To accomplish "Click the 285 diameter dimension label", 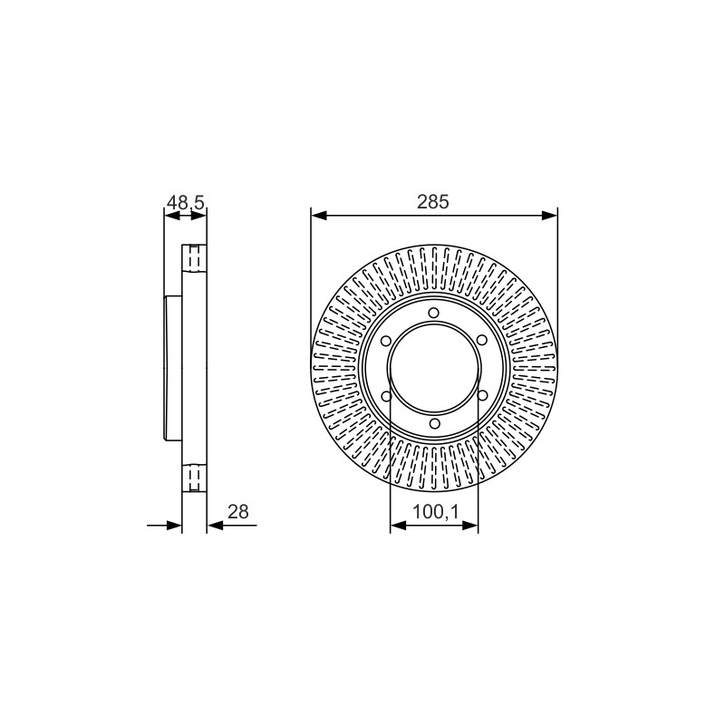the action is pos(433,202).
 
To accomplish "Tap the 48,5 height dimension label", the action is pos(186,202).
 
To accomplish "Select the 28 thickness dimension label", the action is pos(238,511).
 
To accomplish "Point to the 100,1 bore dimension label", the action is pos(435,511).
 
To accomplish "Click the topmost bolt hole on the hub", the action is pos(433,313).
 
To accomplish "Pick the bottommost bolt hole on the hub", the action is pos(434,423).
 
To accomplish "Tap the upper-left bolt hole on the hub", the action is pos(386,341).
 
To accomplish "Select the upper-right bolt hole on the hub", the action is pos(481,341).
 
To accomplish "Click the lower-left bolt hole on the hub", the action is pos(386,396).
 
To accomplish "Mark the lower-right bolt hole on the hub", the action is pos(481,396).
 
